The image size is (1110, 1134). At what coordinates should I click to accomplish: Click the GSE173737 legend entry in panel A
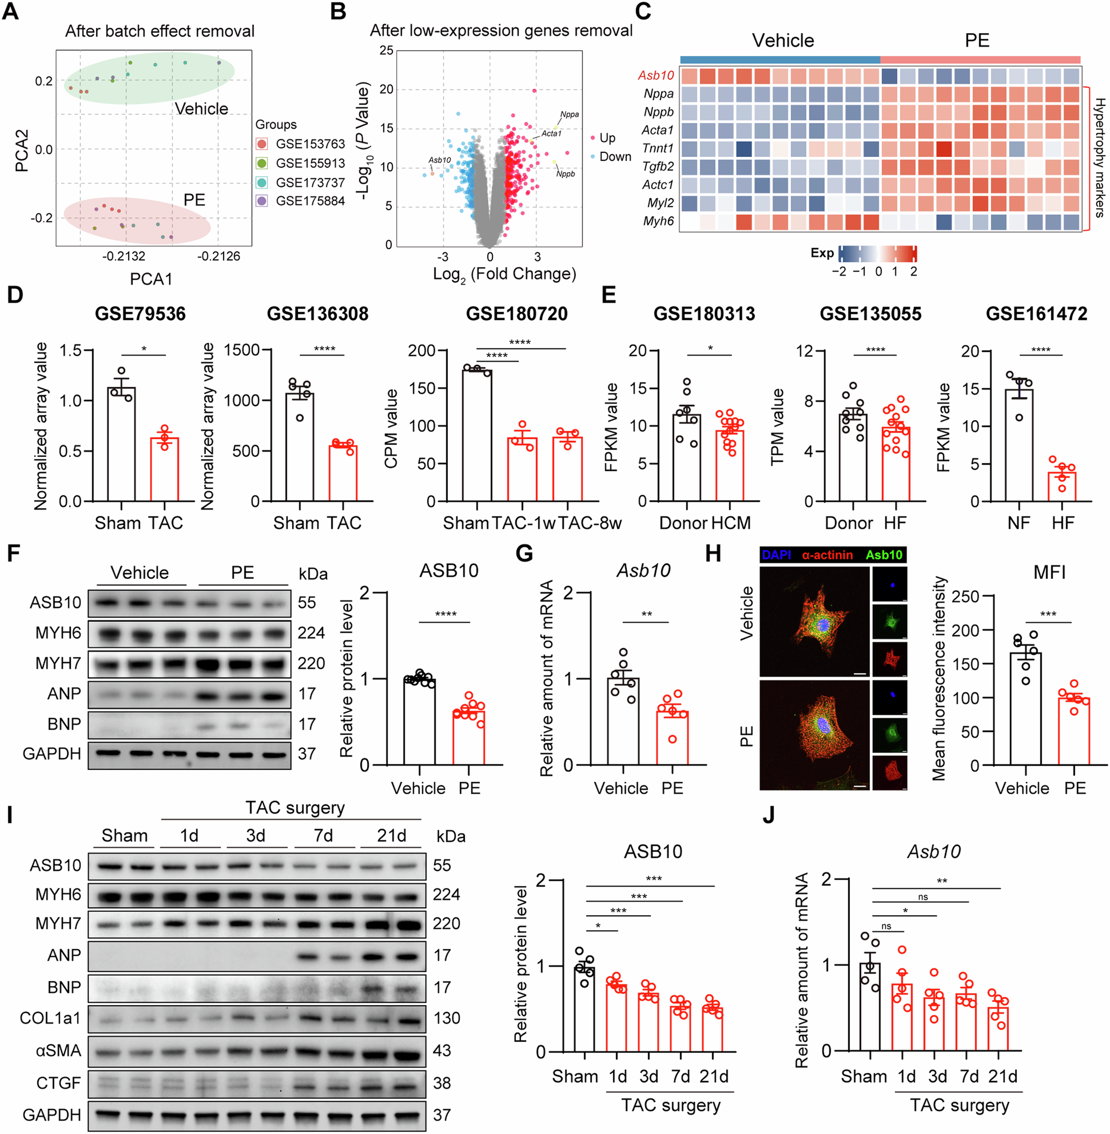tap(310, 183)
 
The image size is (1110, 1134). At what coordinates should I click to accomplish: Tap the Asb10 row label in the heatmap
tap(656, 75)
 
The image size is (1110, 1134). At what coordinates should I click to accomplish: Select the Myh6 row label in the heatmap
tap(658, 221)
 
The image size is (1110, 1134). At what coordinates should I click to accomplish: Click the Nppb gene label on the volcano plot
tap(565, 174)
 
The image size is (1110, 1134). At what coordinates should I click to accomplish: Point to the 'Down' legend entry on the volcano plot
tap(614, 156)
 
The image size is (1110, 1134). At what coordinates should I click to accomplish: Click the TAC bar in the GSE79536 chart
tap(165, 470)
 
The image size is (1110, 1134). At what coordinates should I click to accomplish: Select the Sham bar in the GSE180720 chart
tap(477, 435)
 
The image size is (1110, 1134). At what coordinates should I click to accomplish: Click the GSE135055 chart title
tap(871, 314)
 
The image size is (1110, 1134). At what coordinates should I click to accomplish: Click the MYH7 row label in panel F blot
tap(58, 663)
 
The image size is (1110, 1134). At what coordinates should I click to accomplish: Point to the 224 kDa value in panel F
tap(311, 633)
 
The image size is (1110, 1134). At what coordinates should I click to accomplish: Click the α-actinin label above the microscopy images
tap(827, 555)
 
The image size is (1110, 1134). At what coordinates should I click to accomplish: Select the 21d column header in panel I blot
tap(391, 836)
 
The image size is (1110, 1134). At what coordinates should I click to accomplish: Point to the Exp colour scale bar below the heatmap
tap(877, 254)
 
